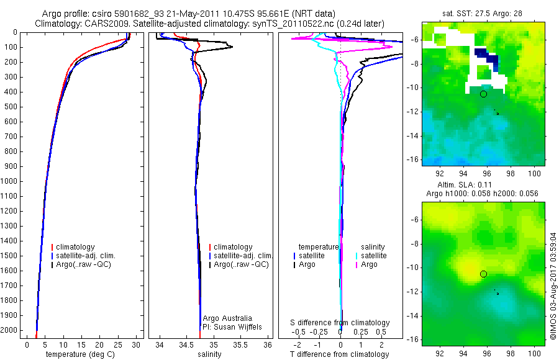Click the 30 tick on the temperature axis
136,344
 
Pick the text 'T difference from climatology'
340,354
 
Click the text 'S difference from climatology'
340,323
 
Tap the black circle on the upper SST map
483,94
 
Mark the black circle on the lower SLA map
483,274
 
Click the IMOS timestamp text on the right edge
553,286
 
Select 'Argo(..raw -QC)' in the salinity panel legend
241,264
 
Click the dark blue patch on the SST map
489,59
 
